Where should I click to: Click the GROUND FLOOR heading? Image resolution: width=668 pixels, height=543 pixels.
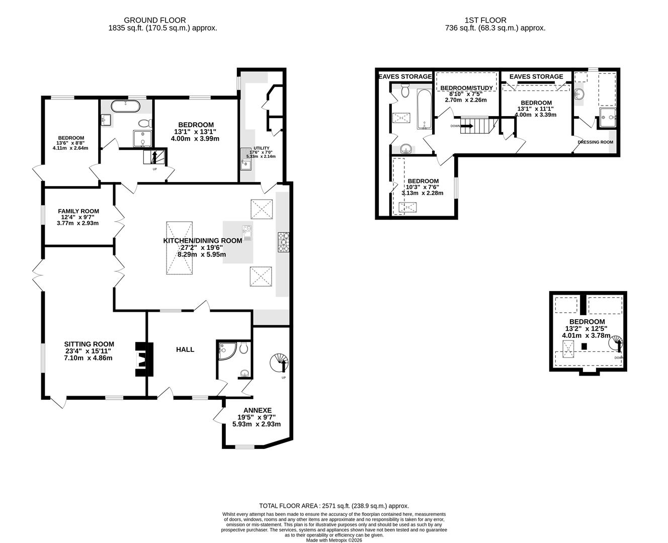[154, 21]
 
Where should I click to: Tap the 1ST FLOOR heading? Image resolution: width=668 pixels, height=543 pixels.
[485, 21]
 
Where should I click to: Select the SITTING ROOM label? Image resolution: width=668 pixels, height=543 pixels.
[89, 344]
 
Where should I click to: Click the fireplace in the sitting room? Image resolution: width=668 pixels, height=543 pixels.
[144, 359]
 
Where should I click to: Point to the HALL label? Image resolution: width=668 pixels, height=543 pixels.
[185, 349]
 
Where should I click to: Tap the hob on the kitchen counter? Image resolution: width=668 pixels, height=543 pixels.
[283, 242]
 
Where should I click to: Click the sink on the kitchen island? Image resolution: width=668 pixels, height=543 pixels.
[247, 233]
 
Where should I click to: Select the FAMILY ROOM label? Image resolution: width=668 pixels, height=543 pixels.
[78, 211]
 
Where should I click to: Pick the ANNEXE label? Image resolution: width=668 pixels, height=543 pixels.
[258, 410]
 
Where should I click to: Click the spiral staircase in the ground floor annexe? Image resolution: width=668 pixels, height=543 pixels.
[279, 363]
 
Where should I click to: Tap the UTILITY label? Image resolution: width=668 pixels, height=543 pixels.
[262, 148]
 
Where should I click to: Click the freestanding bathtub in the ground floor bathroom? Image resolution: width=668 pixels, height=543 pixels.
[125, 106]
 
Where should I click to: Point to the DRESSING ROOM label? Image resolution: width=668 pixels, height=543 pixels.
[595, 142]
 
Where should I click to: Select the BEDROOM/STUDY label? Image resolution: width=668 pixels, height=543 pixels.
[467, 88]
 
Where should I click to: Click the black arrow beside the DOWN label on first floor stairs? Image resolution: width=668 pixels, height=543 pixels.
[467, 126]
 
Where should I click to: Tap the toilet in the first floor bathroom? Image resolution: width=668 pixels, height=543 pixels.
[405, 90]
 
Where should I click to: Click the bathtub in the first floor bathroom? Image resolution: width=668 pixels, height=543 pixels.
[425, 109]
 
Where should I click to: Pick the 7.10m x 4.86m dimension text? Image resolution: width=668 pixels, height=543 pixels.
[88, 358]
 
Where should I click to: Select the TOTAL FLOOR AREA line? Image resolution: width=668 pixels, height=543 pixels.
[334, 506]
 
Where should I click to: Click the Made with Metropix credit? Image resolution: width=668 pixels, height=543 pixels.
[334, 540]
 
